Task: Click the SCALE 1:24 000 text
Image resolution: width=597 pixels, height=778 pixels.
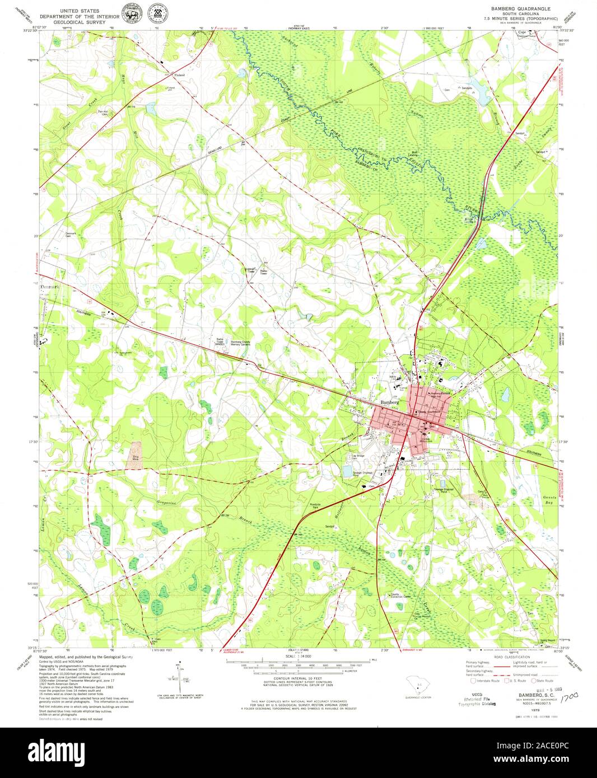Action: (298, 655)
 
